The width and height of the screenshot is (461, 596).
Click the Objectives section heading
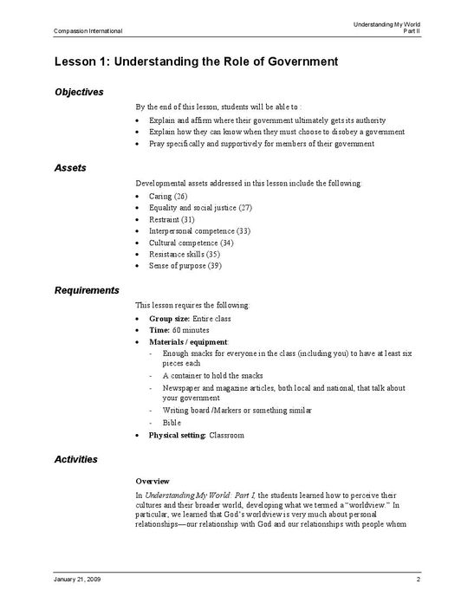point(79,92)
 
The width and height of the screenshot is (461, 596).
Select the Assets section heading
point(70,167)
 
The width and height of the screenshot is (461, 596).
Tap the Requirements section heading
point(87,289)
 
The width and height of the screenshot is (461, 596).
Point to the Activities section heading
point(75,458)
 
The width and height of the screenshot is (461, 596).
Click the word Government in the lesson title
point(292,62)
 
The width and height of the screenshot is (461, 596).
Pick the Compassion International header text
point(76,31)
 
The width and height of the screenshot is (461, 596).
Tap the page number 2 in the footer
point(419,578)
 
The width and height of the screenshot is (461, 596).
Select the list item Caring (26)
point(168,197)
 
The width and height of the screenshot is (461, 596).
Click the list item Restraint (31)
point(172,220)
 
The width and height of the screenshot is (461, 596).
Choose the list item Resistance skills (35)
point(185,255)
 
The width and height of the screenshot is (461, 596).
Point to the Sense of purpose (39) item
point(185,266)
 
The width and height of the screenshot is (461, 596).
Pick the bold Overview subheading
point(153,480)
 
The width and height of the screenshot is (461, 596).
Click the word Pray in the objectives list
point(158,144)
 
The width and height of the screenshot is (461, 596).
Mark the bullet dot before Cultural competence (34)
point(139,243)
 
